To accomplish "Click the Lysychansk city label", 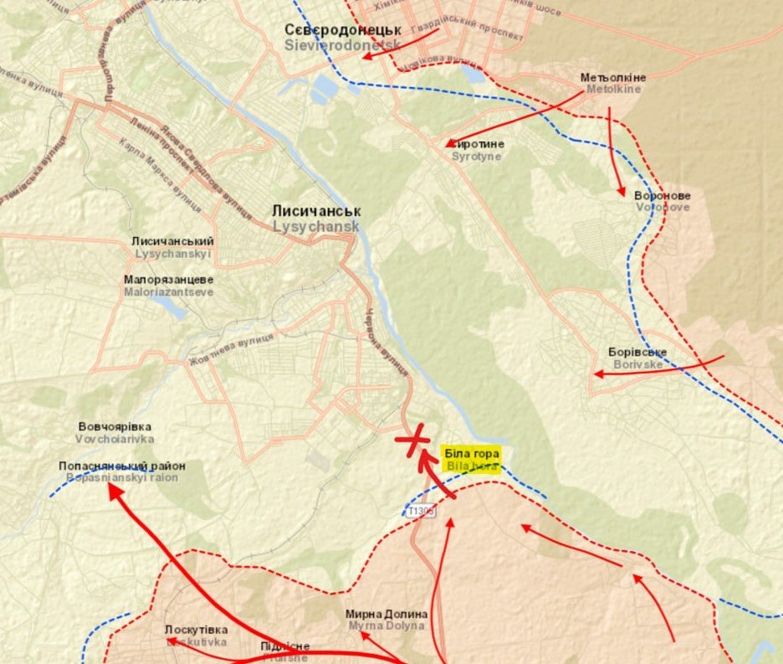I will coord(315,219).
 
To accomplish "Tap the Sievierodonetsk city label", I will coord(342,37).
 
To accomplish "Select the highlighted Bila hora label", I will coord(473,460).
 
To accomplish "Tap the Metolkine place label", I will coord(613,83).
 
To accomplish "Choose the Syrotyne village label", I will coord(477,150).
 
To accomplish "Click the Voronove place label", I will coord(663,201).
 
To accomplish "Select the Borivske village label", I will coord(637,358).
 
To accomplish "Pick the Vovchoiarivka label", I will coord(115,432).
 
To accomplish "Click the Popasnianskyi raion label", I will coord(122,471).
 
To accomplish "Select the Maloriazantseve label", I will coord(168,286).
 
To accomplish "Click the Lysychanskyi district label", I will coord(172,247).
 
